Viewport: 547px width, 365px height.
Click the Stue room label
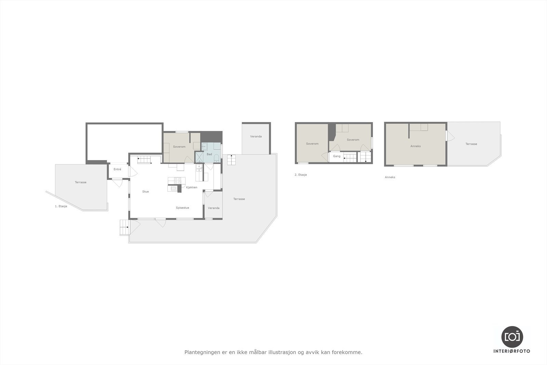[x=146, y=192]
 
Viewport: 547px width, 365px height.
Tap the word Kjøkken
[x=192, y=187]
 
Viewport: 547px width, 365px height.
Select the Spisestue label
[x=183, y=208]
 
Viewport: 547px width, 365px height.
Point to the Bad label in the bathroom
[x=209, y=154]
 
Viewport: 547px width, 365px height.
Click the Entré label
[x=117, y=169]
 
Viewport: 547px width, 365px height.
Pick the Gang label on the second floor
[x=337, y=156]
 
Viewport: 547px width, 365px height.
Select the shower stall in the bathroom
[x=199, y=157]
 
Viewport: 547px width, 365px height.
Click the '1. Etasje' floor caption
[x=61, y=206]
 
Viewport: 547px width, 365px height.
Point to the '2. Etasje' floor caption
[x=301, y=175]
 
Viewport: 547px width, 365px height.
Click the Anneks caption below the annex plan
[x=390, y=177]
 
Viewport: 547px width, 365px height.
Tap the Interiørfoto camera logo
[x=512, y=337]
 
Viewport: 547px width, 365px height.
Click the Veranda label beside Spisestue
[x=214, y=208]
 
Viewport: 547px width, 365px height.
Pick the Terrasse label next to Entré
[x=81, y=182]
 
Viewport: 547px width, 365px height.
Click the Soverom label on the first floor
[x=179, y=147]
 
